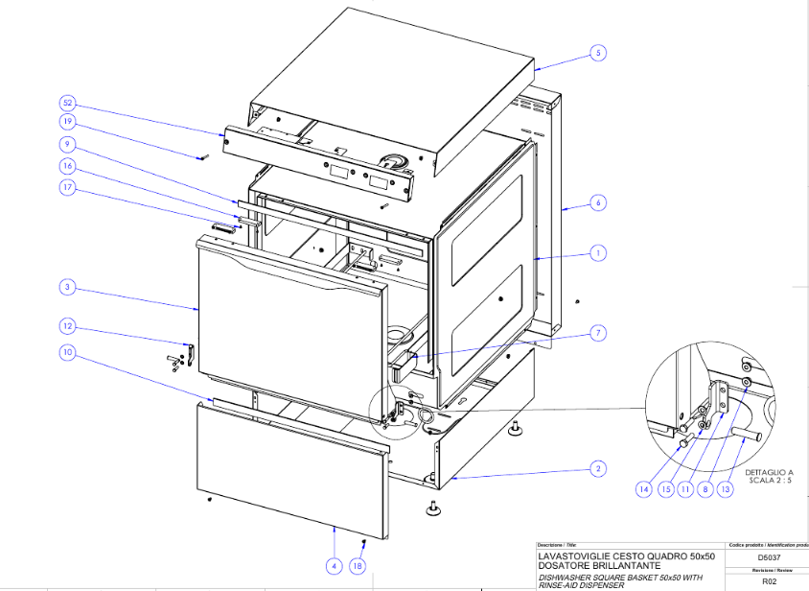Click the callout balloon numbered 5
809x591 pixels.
coord(597,53)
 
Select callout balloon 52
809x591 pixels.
coord(67,102)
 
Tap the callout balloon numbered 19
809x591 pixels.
coord(67,122)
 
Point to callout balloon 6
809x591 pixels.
coord(596,202)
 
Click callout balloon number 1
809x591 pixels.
coord(596,253)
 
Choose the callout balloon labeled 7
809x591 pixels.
coord(596,333)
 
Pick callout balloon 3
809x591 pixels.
coord(67,287)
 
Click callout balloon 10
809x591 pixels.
coord(67,352)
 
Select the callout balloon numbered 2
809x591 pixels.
coord(596,468)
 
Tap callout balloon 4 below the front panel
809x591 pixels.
coord(334,566)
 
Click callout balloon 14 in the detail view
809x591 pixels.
coord(643,488)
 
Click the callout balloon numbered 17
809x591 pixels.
coord(67,189)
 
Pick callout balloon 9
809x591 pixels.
coord(67,144)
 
